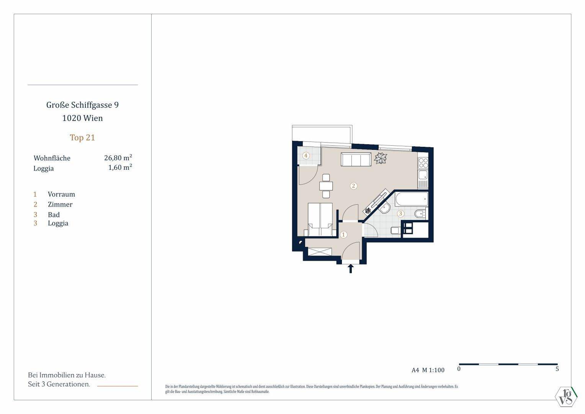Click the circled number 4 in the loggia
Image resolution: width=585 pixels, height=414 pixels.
[306, 156]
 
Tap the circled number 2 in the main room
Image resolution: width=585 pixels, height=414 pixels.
[354, 186]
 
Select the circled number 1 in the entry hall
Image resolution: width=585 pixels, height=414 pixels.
[343, 235]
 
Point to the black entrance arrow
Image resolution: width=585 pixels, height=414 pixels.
[351, 268]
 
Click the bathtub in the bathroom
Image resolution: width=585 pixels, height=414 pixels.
[412, 200]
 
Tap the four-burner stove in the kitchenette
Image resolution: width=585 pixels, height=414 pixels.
[423, 163]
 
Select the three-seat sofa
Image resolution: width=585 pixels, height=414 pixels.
[356, 159]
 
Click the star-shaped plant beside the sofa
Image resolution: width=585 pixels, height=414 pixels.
[381, 158]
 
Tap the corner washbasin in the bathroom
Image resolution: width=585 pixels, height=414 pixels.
[384, 208]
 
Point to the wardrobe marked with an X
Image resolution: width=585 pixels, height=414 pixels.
[320, 251]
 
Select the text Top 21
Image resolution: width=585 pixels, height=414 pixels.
[82, 138]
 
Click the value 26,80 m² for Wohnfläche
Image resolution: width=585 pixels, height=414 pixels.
[118, 158]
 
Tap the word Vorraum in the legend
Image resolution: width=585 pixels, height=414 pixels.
[61, 194]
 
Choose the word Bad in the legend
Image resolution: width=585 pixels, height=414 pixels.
[54, 214]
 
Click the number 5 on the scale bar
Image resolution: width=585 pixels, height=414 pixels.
[557, 369]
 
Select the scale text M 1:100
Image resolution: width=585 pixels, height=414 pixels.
[433, 370]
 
